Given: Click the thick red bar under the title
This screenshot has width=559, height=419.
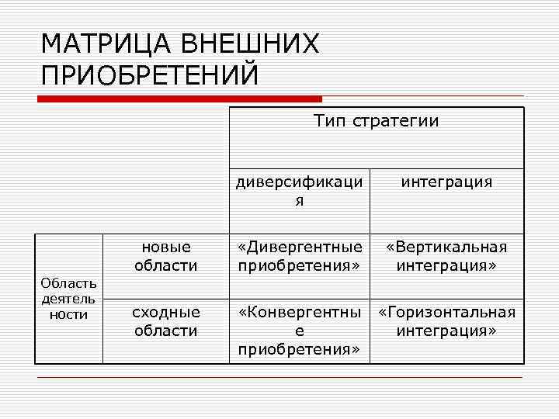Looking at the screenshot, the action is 179,99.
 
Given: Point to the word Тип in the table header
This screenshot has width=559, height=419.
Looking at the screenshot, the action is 329,121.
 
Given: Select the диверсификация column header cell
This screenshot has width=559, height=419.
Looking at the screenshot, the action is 299,191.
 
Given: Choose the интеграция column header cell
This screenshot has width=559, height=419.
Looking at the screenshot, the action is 446,182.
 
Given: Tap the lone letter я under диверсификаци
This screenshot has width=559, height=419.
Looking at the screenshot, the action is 299,200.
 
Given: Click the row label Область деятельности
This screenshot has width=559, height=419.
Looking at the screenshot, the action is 69,299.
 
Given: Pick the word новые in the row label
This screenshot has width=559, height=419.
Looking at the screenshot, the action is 165,247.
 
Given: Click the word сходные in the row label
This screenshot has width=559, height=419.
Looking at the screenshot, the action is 165,312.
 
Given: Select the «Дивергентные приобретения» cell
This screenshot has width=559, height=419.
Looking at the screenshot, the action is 299,256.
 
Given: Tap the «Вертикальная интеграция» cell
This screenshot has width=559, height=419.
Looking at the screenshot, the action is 446,256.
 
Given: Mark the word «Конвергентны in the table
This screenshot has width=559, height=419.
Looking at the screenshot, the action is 299,312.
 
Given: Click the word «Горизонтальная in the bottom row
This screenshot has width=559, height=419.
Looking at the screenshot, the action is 446,312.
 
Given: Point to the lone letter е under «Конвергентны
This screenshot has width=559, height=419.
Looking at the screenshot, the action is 299,331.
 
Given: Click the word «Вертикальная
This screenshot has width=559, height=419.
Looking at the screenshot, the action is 446,247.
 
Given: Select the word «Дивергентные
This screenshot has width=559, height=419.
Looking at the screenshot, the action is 299,247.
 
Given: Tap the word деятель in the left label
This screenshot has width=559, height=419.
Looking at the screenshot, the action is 69,299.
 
